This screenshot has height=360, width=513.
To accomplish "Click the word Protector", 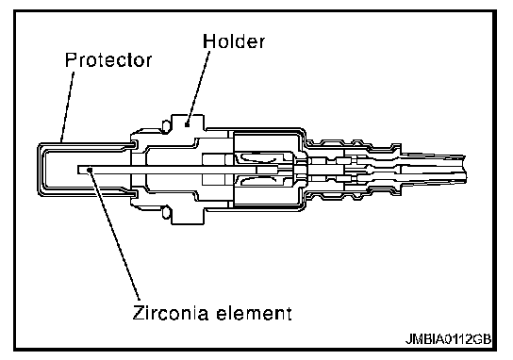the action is pyautogui.click(x=108, y=59).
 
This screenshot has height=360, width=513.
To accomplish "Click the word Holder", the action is pyautogui.click(x=234, y=41).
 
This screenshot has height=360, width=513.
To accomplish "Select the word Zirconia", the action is pyautogui.click(x=170, y=312).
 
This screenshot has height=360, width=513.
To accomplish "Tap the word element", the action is pyautogui.click(x=254, y=313).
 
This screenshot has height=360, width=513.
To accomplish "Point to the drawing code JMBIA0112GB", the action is pyautogui.click(x=449, y=339).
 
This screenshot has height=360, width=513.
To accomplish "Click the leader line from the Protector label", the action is pyautogui.click(x=67, y=106).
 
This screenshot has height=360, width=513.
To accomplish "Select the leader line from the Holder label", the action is pyautogui.click(x=198, y=88).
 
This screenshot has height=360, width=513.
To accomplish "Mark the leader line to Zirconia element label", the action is pyautogui.click(x=115, y=235).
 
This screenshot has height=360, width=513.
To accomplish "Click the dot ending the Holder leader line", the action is pyautogui.click(x=187, y=124).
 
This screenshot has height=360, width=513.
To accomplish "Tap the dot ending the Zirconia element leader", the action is pyautogui.click(x=91, y=169).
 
